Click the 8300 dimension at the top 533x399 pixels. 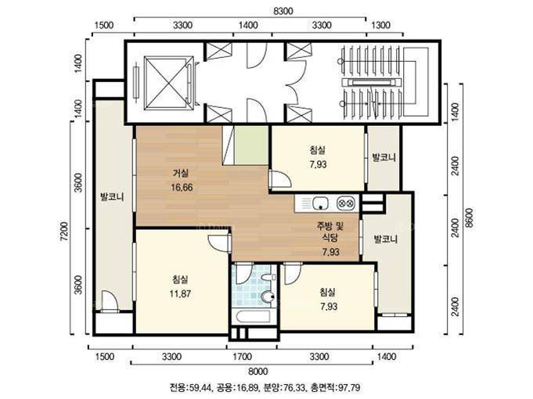pyautogui.click(x=283, y=11)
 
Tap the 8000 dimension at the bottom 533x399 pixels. pyautogui.click(x=258, y=371)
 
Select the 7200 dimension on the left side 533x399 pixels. pyautogui.click(x=64, y=232)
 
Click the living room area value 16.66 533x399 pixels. pyautogui.click(x=182, y=187)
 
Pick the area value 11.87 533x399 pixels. pyautogui.click(x=180, y=293)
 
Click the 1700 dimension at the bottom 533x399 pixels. pyautogui.click(x=243, y=357)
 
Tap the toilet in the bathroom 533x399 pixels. pyautogui.click(x=268, y=297)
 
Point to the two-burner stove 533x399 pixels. pyautogui.click(x=346, y=203)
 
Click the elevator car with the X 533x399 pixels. pyautogui.click(x=168, y=83)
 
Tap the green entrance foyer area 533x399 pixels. pyautogui.click(x=251, y=145)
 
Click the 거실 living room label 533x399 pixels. pyautogui.click(x=181, y=174)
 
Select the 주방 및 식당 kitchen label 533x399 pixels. pyautogui.click(x=330, y=232)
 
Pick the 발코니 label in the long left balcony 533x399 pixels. pyautogui.click(x=112, y=197)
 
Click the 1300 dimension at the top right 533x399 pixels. pyautogui.click(x=380, y=25)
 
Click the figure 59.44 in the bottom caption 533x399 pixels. pyautogui.click(x=200, y=387)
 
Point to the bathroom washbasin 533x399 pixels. pyautogui.click(x=269, y=278)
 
